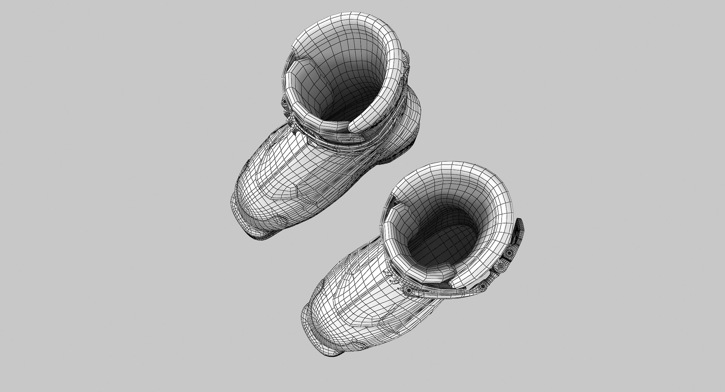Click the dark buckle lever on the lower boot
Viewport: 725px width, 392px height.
(519, 234)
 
